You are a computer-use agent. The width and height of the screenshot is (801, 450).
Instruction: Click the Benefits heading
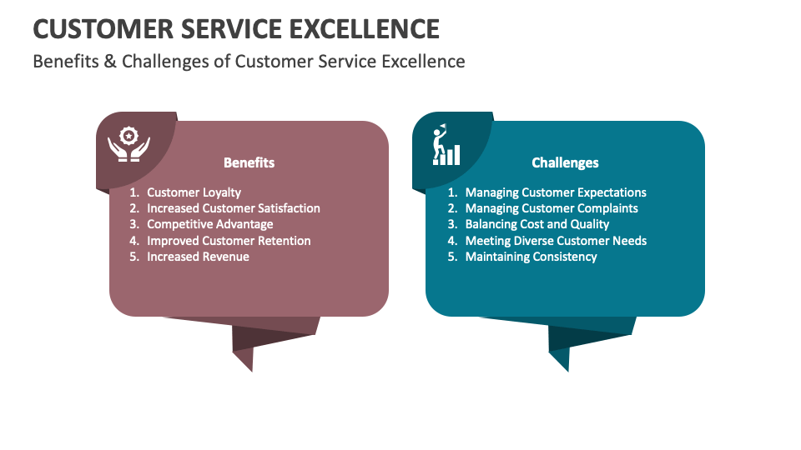249,162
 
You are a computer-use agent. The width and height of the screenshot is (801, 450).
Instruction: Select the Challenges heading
565,162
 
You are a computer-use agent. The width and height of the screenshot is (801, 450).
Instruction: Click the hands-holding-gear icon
128,143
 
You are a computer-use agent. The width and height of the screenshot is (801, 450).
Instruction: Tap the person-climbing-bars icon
446,147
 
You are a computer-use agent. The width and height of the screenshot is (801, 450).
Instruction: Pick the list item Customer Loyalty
194,192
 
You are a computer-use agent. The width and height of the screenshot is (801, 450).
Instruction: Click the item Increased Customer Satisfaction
233,208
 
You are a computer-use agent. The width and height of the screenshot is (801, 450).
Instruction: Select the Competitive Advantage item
209,224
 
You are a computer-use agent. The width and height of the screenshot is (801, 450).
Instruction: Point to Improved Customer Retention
229,241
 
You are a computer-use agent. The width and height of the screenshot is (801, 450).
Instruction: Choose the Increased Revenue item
198,257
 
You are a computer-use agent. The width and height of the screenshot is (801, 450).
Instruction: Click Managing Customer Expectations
556,192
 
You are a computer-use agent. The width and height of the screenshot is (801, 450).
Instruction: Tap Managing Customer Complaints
552,208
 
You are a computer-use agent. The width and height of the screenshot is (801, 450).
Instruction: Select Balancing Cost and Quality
537,224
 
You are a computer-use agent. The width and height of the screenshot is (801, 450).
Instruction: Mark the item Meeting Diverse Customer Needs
556,241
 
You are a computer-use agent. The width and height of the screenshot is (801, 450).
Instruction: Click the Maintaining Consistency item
531,257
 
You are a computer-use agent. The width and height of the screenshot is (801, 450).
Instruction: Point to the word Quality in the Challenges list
590,224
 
